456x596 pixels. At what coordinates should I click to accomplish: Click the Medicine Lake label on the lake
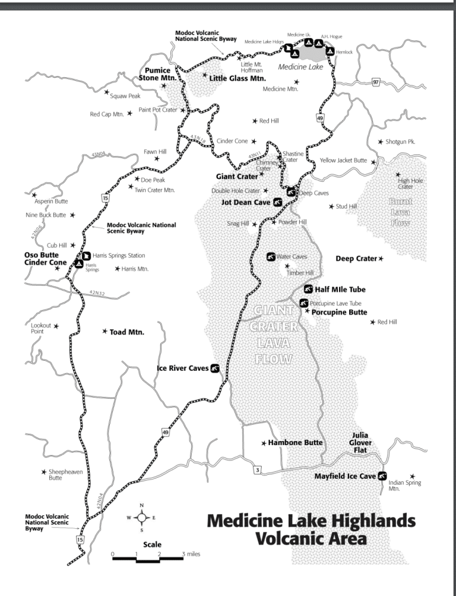pos(300,67)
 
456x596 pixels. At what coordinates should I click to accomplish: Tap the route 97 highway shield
pos(375,82)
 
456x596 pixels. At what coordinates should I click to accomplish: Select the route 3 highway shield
pos(257,470)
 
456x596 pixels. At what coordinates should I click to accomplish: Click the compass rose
pos(141,518)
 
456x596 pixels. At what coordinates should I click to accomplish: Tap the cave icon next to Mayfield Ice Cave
pos(382,475)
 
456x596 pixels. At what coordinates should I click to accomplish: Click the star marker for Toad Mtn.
pos(105,332)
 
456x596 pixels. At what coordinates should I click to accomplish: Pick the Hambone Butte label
pos(295,443)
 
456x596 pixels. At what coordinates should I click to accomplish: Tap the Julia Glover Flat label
pos(360,443)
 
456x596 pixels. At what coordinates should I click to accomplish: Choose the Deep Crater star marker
pos(381,258)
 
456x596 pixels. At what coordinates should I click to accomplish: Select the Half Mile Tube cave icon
pos(308,289)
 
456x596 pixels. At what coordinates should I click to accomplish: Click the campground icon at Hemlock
pos(330,52)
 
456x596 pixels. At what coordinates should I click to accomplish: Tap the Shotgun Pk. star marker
pos(380,142)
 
